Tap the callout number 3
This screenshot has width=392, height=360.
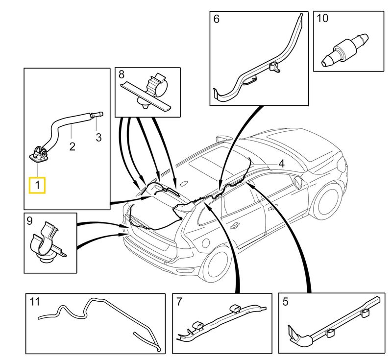pyautogui.click(x=98, y=138)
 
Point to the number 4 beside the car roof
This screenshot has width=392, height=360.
pyautogui.click(x=281, y=164)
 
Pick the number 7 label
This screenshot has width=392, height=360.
pyautogui.click(x=179, y=302)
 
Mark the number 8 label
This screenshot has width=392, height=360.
pyautogui.click(x=122, y=74)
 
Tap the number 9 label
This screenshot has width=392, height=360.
pyautogui.click(x=30, y=221)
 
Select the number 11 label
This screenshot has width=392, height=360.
pyautogui.click(x=34, y=302)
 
